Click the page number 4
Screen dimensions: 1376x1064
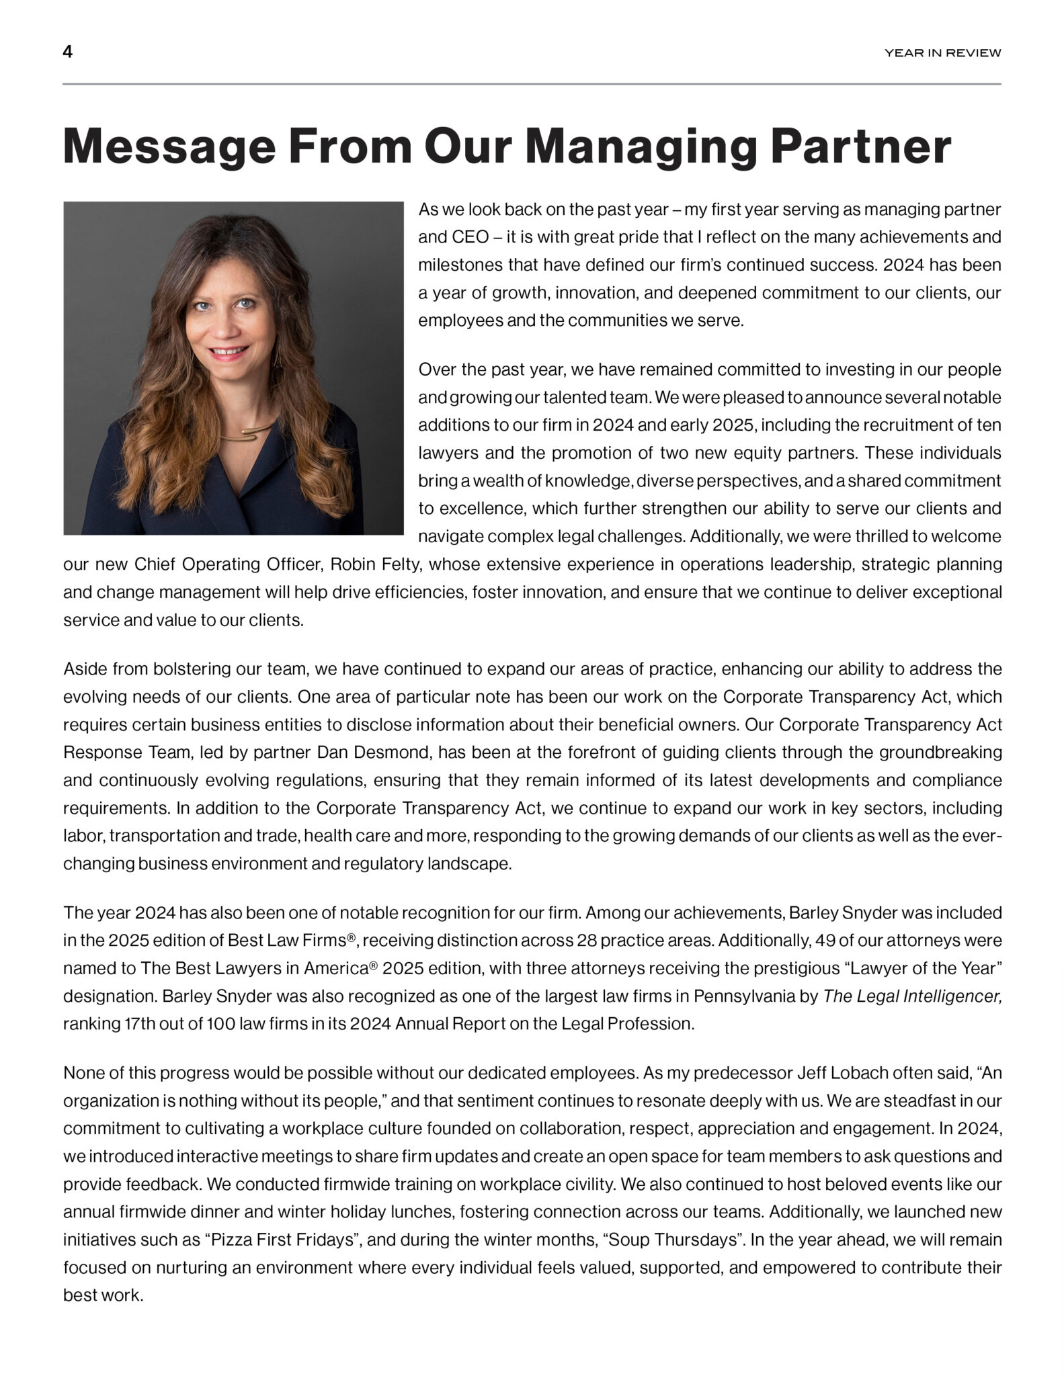click(x=68, y=52)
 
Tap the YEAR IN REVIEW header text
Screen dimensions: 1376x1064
click(x=942, y=53)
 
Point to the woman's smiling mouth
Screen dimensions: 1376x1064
click(x=231, y=351)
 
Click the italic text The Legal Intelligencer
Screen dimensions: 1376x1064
click(x=912, y=996)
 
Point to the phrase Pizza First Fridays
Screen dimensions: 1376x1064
click(x=282, y=1240)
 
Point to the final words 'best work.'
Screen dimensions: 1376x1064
click(x=104, y=1295)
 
